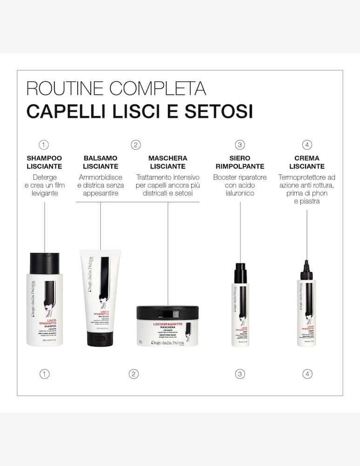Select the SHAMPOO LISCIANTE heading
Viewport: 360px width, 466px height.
pos(44,162)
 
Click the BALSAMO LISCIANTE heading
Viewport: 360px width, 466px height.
pos(101,162)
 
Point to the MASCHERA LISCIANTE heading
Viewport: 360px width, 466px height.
pos(168,162)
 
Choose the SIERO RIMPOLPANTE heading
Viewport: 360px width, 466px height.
pos(240,162)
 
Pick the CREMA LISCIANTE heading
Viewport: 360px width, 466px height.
pos(307,162)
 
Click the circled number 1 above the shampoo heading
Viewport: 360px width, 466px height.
pos(44,144)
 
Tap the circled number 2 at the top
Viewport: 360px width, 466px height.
pos(136,144)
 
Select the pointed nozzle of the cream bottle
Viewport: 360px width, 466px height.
pos(307,268)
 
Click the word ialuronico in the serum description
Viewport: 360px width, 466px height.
pos(240,193)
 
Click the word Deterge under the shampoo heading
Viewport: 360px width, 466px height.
pos(45,178)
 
